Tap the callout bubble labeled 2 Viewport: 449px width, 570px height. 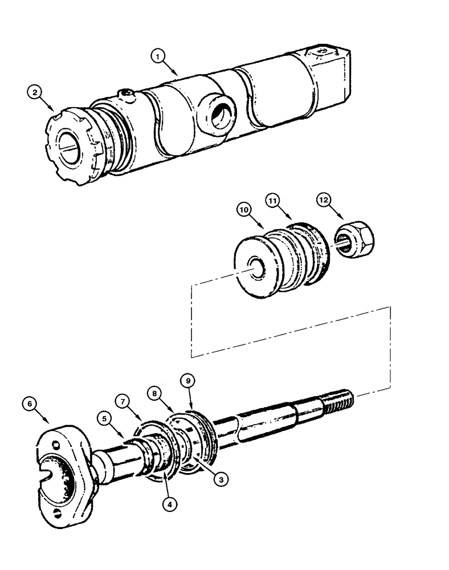click(x=35, y=92)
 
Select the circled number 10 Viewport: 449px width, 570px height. click(x=244, y=210)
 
